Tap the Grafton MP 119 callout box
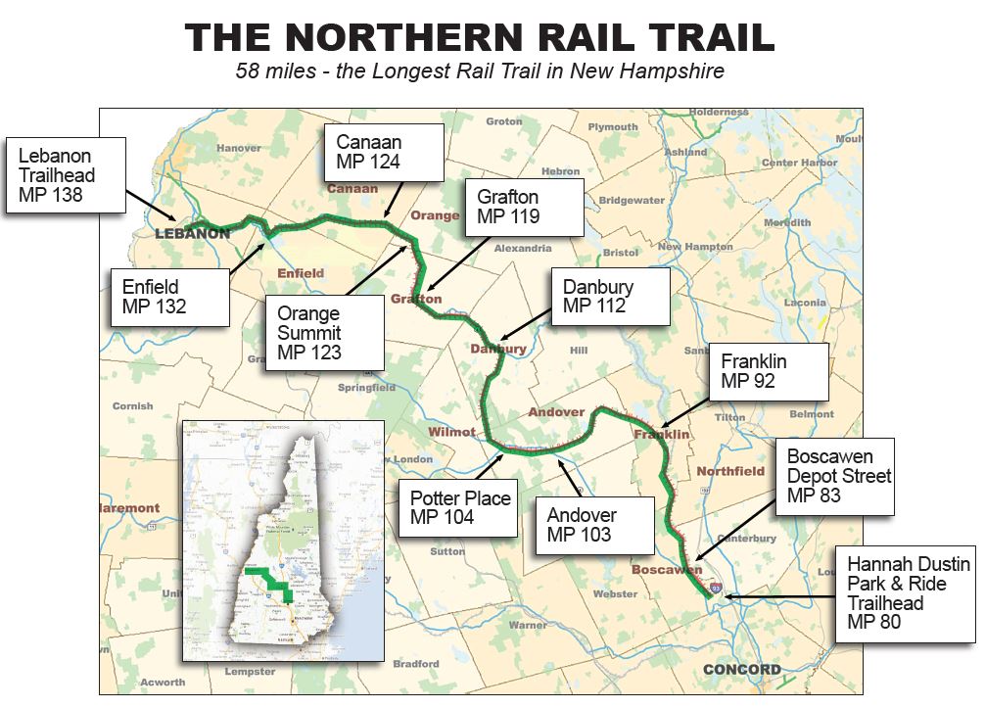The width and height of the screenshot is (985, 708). tap(525, 207)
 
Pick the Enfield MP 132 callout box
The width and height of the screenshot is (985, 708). tap(169, 297)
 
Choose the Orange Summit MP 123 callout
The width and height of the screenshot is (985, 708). tap(324, 332)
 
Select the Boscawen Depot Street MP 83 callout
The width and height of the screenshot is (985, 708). tap(839, 476)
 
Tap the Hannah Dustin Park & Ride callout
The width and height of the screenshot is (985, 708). tap(906, 593)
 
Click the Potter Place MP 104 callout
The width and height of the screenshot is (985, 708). tap(458, 507)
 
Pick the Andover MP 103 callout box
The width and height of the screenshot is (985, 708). tap(594, 525)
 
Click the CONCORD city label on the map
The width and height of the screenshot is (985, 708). tap(742, 671)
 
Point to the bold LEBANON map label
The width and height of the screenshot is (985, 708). tap(193, 234)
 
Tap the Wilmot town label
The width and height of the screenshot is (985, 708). tap(451, 432)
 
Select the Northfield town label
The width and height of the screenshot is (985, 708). tap(730, 471)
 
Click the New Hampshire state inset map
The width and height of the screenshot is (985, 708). tap(283, 541)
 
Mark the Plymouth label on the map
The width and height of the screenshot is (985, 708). tap(613, 127)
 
